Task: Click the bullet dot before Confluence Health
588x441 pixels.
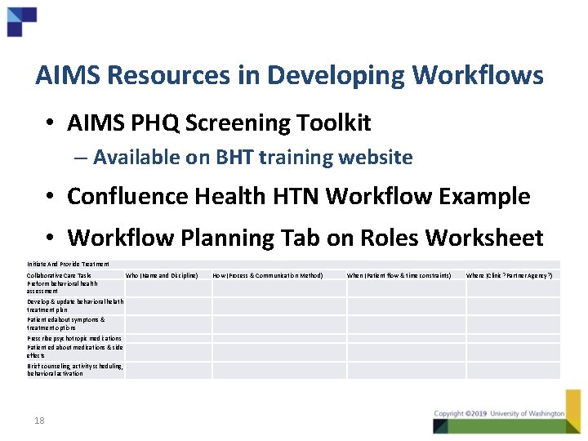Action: (51, 197)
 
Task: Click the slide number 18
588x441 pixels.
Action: (39, 421)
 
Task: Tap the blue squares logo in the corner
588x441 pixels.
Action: (21, 20)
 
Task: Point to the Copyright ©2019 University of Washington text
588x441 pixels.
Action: (499, 414)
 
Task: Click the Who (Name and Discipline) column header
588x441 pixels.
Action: (162, 276)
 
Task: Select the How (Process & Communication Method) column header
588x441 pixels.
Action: (268, 276)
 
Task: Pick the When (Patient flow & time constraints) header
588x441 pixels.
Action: (399, 276)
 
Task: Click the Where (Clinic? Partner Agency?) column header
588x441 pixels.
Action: (510, 276)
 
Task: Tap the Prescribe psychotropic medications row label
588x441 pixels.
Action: (73, 338)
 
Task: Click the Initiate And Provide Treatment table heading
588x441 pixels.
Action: (68, 264)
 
